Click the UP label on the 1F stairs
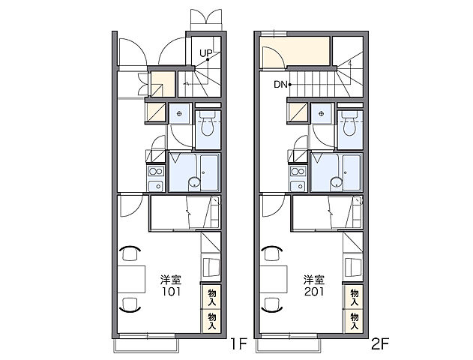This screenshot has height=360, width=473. [x=206, y=54]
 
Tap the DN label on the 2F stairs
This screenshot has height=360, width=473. [x=280, y=85]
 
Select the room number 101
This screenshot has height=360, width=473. [x=171, y=292]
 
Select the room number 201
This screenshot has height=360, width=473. [x=314, y=292]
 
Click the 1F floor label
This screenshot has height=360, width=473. [x=239, y=343]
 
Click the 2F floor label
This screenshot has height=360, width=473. [x=380, y=343]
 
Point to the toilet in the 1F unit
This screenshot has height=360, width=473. [x=207, y=124]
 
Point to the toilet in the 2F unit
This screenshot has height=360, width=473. [x=349, y=124]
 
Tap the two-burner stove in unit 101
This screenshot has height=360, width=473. [x=156, y=172]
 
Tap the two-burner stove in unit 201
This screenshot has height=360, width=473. [x=298, y=172]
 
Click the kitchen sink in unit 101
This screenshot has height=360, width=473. [x=156, y=186]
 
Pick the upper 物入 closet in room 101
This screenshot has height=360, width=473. [x=211, y=297]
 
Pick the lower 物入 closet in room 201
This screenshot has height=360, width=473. [x=353, y=321]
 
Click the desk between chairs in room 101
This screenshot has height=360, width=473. [x=131, y=279]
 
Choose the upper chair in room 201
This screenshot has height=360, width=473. [x=272, y=253]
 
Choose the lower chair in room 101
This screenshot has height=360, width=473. [x=130, y=304]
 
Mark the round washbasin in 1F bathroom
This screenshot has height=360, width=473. [x=195, y=182]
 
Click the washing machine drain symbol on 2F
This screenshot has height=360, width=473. [x=322, y=114]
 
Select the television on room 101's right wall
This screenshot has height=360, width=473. [x=211, y=267]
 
